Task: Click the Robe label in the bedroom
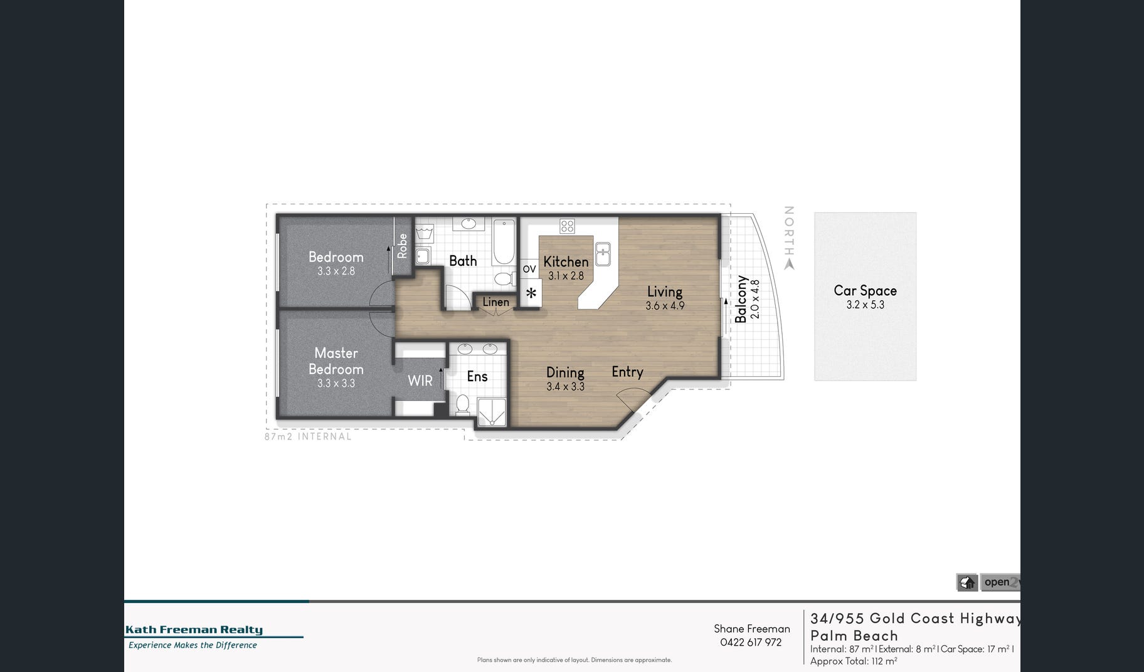403,246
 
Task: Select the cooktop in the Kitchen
567,226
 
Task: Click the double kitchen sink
603,254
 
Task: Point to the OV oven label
529,269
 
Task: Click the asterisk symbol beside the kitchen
531,293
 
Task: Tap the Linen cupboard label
496,302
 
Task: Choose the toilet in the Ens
463,404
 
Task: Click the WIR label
420,381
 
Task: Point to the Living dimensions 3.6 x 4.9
665,306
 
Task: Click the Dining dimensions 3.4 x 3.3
565,387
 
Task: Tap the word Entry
628,372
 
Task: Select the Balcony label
741,299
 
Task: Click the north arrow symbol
789,265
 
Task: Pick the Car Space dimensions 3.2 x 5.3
866,305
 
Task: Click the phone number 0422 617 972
751,643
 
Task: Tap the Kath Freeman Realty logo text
194,630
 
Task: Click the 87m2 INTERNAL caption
308,436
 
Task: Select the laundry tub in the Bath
426,236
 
